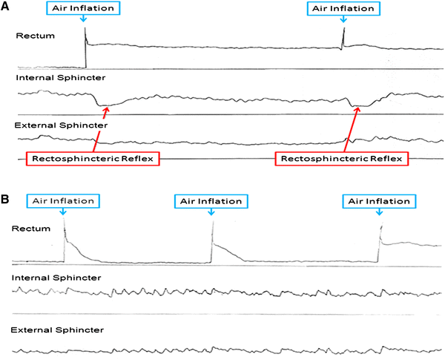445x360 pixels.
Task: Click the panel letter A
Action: (x=7, y=7)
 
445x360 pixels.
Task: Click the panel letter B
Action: (x=7, y=200)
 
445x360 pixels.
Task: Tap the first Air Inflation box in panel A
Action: (x=83, y=9)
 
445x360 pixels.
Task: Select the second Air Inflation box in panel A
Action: (x=343, y=9)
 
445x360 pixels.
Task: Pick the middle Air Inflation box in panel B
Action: (x=211, y=200)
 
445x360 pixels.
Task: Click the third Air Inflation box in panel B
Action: (x=380, y=200)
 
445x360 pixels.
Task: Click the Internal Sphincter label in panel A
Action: (x=50, y=77)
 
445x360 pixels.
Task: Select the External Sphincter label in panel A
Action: (x=51, y=125)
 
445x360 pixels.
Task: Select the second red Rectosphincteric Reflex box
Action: (x=340, y=158)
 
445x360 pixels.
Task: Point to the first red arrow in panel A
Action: (x=102, y=130)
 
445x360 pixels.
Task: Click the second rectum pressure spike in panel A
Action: (x=343, y=35)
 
